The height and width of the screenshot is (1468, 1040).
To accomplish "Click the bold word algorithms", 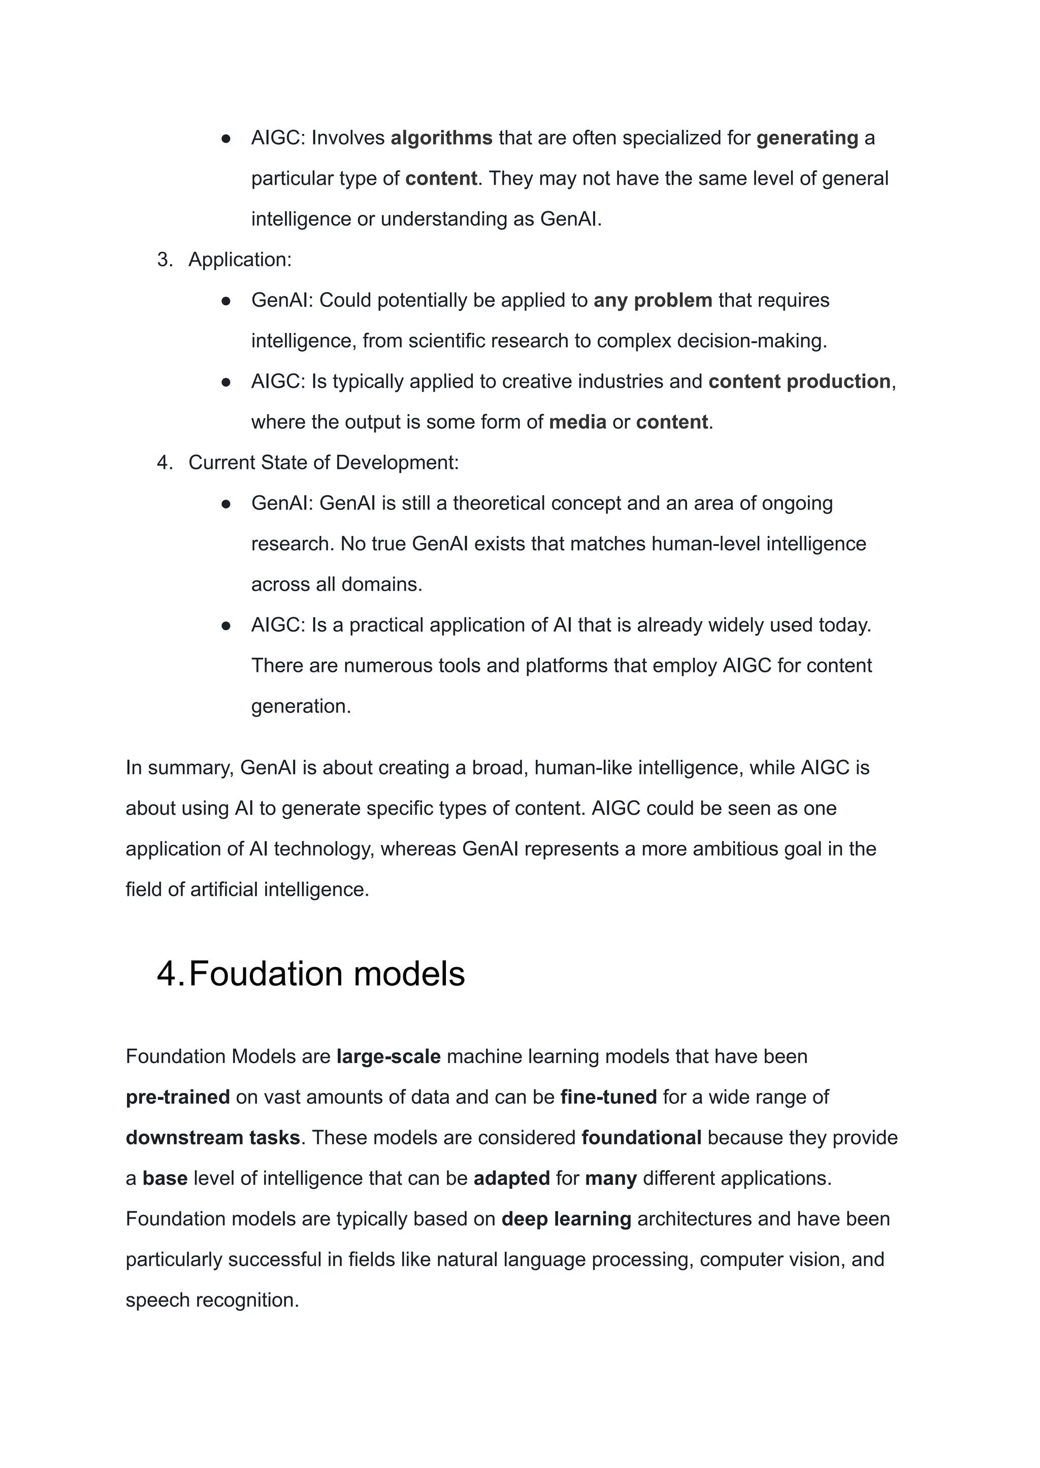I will tap(441, 138).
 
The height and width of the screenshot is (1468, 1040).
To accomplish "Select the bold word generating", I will tap(807, 138).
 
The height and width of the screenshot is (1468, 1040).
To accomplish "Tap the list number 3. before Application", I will tap(165, 259).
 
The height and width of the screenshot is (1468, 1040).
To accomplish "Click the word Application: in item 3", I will tap(240, 259).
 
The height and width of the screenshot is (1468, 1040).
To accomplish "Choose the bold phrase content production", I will tap(799, 382).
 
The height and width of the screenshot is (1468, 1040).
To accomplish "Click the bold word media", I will tap(577, 422).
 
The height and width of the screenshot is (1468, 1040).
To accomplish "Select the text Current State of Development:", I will tap(323, 463).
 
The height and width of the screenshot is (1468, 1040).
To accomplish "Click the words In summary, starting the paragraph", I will tap(180, 767).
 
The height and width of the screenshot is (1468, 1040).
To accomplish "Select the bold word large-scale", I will tap(388, 1056).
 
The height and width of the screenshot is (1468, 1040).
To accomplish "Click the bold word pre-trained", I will tap(177, 1097).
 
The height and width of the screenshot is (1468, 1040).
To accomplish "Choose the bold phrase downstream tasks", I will tap(213, 1138).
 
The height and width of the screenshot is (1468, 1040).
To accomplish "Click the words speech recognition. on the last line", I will tap(212, 1301).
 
